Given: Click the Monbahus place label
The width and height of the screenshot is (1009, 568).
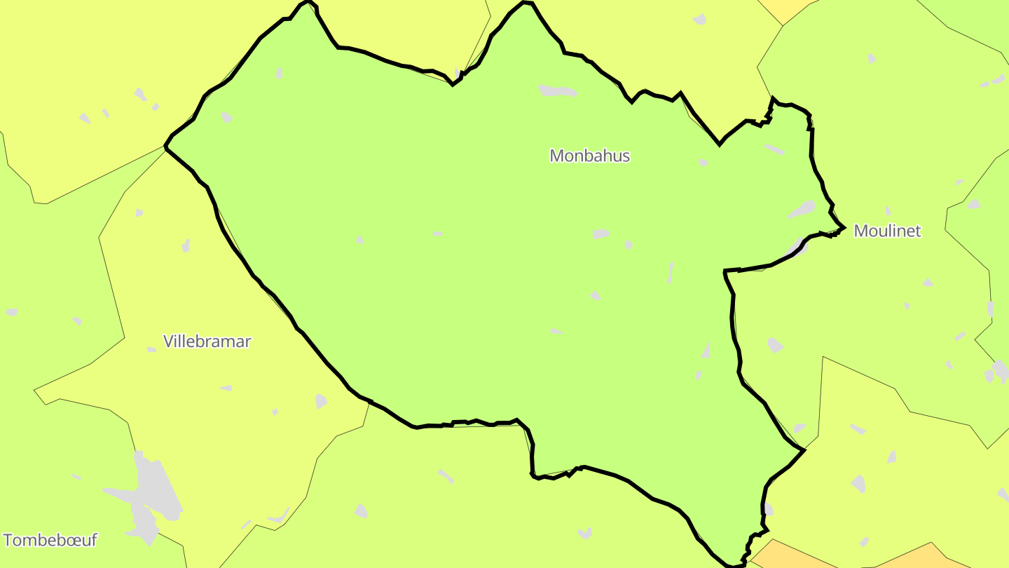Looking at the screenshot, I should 589,156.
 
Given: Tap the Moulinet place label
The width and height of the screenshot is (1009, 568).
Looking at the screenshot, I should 887,231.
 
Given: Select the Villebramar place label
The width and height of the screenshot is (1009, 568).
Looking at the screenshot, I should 207,342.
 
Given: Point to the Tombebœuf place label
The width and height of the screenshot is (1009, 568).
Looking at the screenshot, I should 50,540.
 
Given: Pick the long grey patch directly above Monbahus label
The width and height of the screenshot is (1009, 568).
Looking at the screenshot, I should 557,91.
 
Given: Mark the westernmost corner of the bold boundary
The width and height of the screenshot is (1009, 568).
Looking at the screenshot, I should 165,147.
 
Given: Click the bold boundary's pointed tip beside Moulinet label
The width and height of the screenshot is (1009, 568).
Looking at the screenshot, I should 844,227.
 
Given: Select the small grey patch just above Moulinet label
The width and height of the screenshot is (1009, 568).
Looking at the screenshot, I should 888,210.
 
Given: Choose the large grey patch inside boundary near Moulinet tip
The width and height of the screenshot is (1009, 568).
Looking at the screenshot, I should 802,209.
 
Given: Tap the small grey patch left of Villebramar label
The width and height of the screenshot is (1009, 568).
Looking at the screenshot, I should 151,349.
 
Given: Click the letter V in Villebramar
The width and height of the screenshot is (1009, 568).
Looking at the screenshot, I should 168,342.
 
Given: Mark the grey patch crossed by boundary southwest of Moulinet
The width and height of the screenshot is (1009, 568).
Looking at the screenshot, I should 797,247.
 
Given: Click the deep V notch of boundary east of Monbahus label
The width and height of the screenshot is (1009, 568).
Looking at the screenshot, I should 720,144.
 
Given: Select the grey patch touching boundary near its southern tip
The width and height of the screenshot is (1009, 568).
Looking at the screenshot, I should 768,509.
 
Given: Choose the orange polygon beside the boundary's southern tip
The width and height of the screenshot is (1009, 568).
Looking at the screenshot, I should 792,555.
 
